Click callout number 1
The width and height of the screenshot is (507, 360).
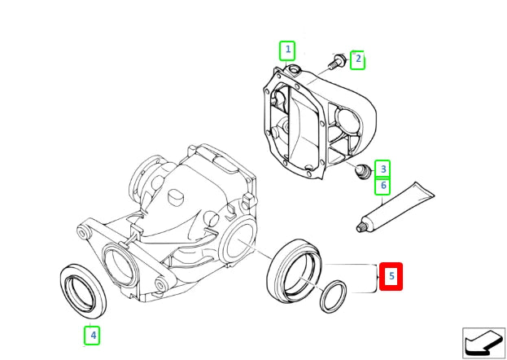pos(286,50)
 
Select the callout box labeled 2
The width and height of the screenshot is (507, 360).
pos(357,59)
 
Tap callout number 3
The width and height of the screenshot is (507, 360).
pos(382,169)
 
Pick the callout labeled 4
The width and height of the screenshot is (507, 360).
pos(93,334)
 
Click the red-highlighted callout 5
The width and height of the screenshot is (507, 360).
pos(391,277)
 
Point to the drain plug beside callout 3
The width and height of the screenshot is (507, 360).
pos(363,170)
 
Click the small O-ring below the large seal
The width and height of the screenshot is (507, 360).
pos(331,296)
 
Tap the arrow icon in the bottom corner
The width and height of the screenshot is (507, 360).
pos(483,341)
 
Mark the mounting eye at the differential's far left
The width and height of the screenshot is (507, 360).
pos(82,234)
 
